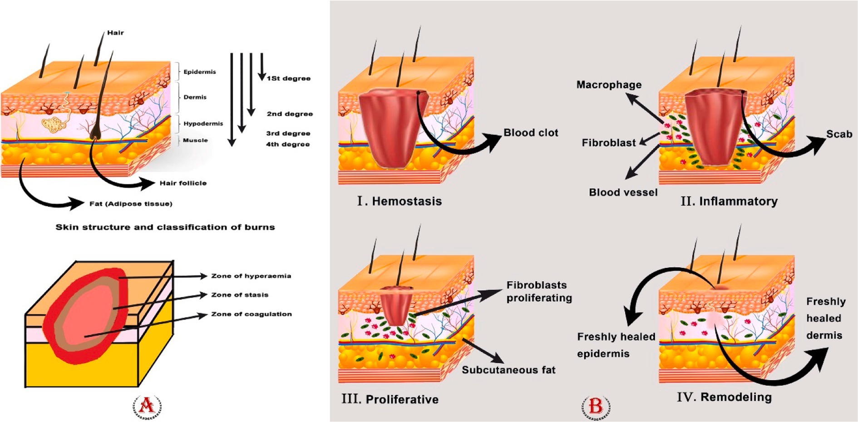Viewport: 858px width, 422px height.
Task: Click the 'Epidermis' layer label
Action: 199,72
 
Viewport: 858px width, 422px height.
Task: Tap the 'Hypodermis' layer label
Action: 203,124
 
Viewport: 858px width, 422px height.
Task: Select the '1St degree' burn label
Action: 288,79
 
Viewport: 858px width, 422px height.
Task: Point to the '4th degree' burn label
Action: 288,144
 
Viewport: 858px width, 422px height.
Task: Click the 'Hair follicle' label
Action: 183,183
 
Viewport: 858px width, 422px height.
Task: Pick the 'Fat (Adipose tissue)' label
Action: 131,204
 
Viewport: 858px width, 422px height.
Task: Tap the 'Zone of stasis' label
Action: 240,295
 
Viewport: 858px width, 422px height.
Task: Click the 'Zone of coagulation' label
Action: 251,314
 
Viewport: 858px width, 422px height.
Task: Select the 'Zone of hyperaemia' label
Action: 251,276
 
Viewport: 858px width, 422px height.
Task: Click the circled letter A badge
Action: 147,406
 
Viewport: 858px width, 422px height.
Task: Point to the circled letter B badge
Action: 596,406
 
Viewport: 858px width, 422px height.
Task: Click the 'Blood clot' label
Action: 531,133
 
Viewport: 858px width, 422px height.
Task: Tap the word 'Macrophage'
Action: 609,85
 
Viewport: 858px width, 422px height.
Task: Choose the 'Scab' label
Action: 839,134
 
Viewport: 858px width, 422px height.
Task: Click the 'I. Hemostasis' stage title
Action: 399,201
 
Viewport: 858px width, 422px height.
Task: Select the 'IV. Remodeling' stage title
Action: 724,397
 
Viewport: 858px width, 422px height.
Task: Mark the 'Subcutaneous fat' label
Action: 508,370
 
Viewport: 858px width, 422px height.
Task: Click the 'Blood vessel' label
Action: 623,193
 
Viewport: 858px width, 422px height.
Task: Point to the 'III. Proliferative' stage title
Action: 390,399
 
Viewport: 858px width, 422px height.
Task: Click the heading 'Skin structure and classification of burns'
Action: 165,227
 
